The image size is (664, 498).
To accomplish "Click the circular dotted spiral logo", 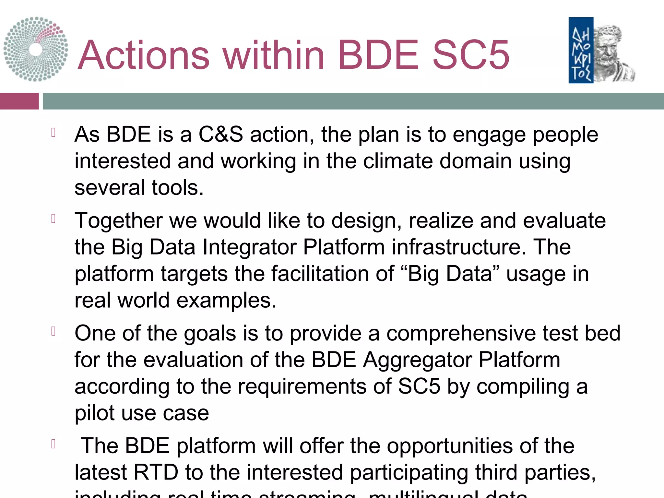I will (36, 49).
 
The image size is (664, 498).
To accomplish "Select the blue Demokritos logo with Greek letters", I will (581, 50).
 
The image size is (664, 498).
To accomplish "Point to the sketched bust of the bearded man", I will (613, 53).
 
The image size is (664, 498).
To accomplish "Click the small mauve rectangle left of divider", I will (19, 101).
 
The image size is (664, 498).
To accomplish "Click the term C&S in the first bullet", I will (220, 134).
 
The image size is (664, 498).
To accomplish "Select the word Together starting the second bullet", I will (118, 221).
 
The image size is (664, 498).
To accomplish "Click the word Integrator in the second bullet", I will (249, 247).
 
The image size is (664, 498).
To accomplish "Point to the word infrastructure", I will (459, 247).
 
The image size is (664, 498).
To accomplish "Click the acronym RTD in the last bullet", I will (156, 472).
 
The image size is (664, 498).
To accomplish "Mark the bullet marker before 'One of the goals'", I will (54, 331).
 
